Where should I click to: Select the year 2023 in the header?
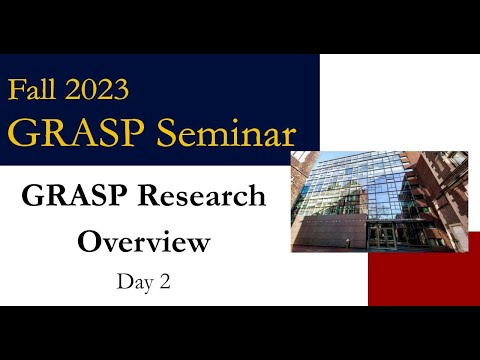tap(97, 90)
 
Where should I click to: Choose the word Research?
tap(203, 196)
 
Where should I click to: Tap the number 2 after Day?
tap(163, 282)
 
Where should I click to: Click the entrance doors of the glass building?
tap(385, 237)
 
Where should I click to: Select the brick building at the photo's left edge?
tap(300, 185)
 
